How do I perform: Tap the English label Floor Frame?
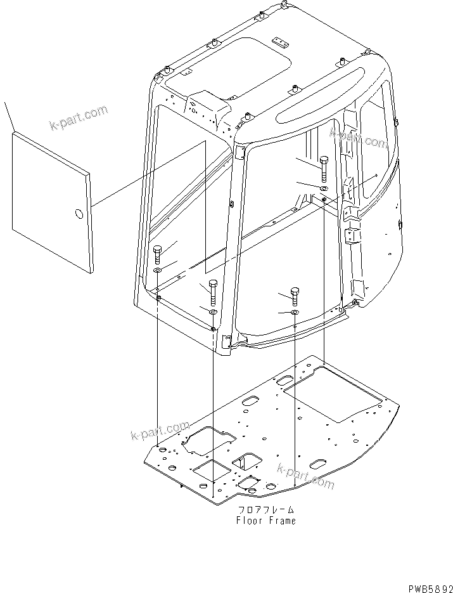(265, 521)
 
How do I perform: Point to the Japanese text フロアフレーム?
(266, 510)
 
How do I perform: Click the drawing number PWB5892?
(426, 587)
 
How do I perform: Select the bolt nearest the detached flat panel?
(158, 254)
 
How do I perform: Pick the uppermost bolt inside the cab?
(323, 168)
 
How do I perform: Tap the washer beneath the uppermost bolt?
(323, 188)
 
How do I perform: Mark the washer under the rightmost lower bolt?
(295, 312)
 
